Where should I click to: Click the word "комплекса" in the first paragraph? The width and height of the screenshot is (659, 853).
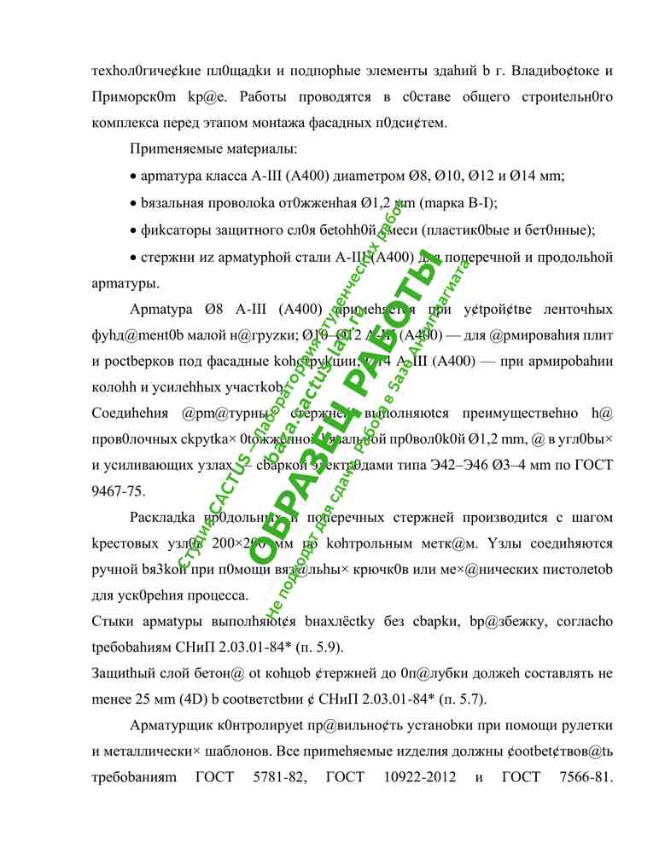[120, 123]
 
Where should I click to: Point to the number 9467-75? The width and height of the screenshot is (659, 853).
[118, 491]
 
